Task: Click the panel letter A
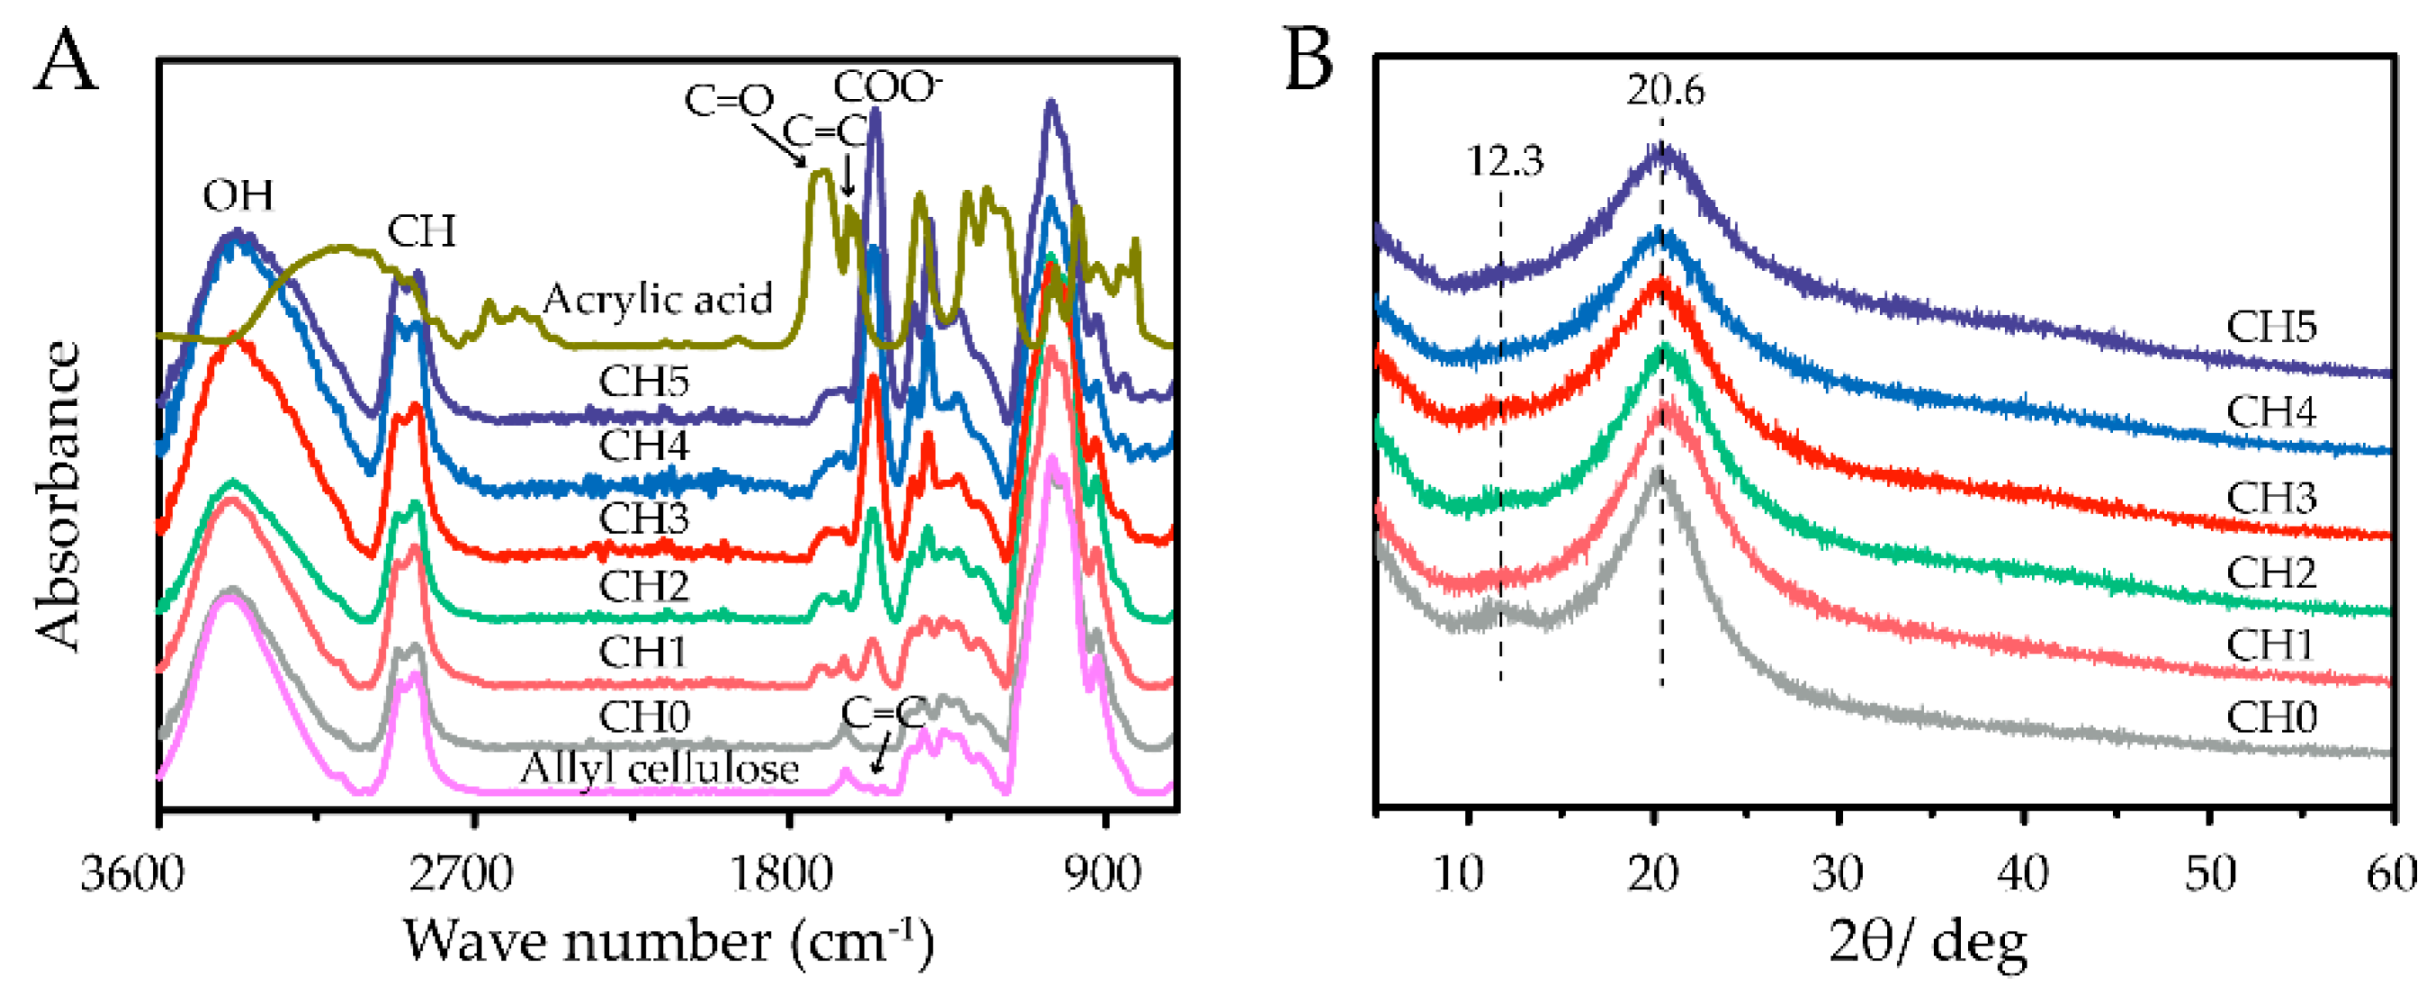pyautogui.click(x=66, y=60)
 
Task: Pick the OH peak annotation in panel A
pyautogui.click(x=238, y=195)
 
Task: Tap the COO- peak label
pyautogui.click(x=888, y=87)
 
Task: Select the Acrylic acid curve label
pyautogui.click(x=657, y=300)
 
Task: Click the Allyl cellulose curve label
pyautogui.click(x=658, y=769)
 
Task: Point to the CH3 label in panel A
pyautogui.click(x=644, y=518)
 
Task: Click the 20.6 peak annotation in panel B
pyautogui.click(x=1666, y=91)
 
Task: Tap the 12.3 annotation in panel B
pyautogui.click(x=1505, y=162)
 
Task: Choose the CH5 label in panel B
pyautogui.click(x=2271, y=327)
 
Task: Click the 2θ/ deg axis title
pyautogui.click(x=1928, y=942)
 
